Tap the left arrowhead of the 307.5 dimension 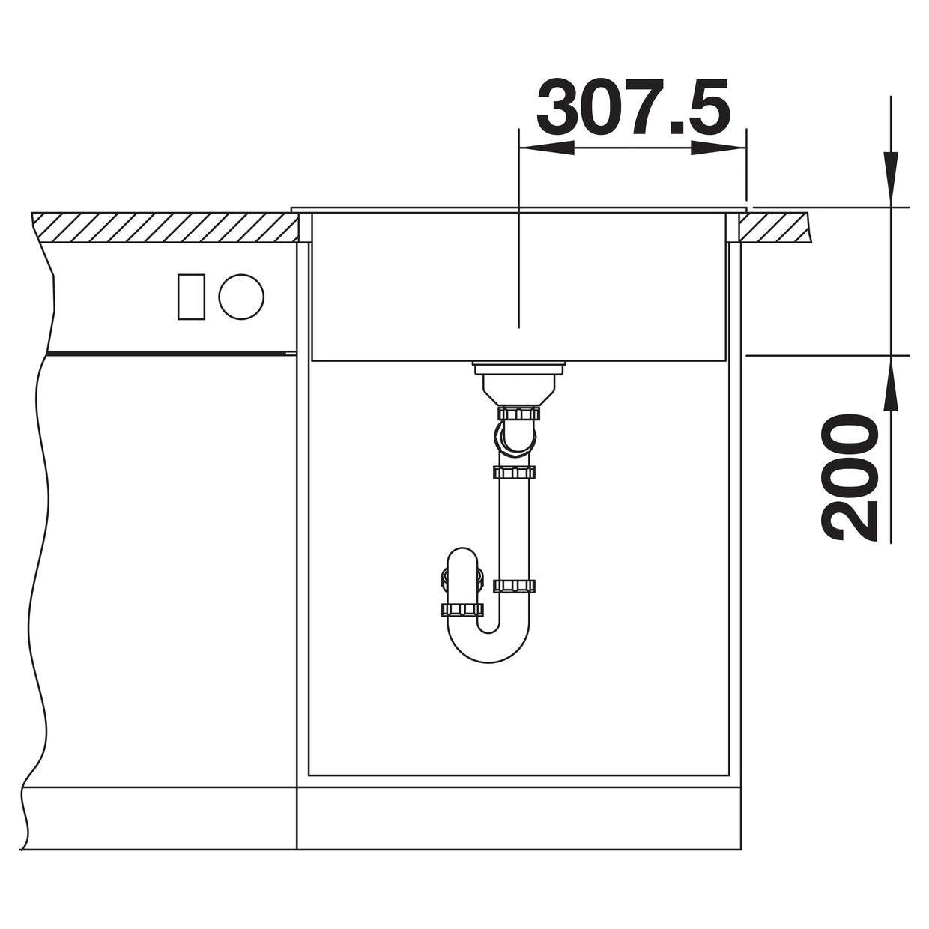tap(545, 148)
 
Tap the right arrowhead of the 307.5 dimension tap(718, 148)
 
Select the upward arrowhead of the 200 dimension tap(891, 384)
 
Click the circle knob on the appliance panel tap(241, 297)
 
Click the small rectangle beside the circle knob tap(191, 297)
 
